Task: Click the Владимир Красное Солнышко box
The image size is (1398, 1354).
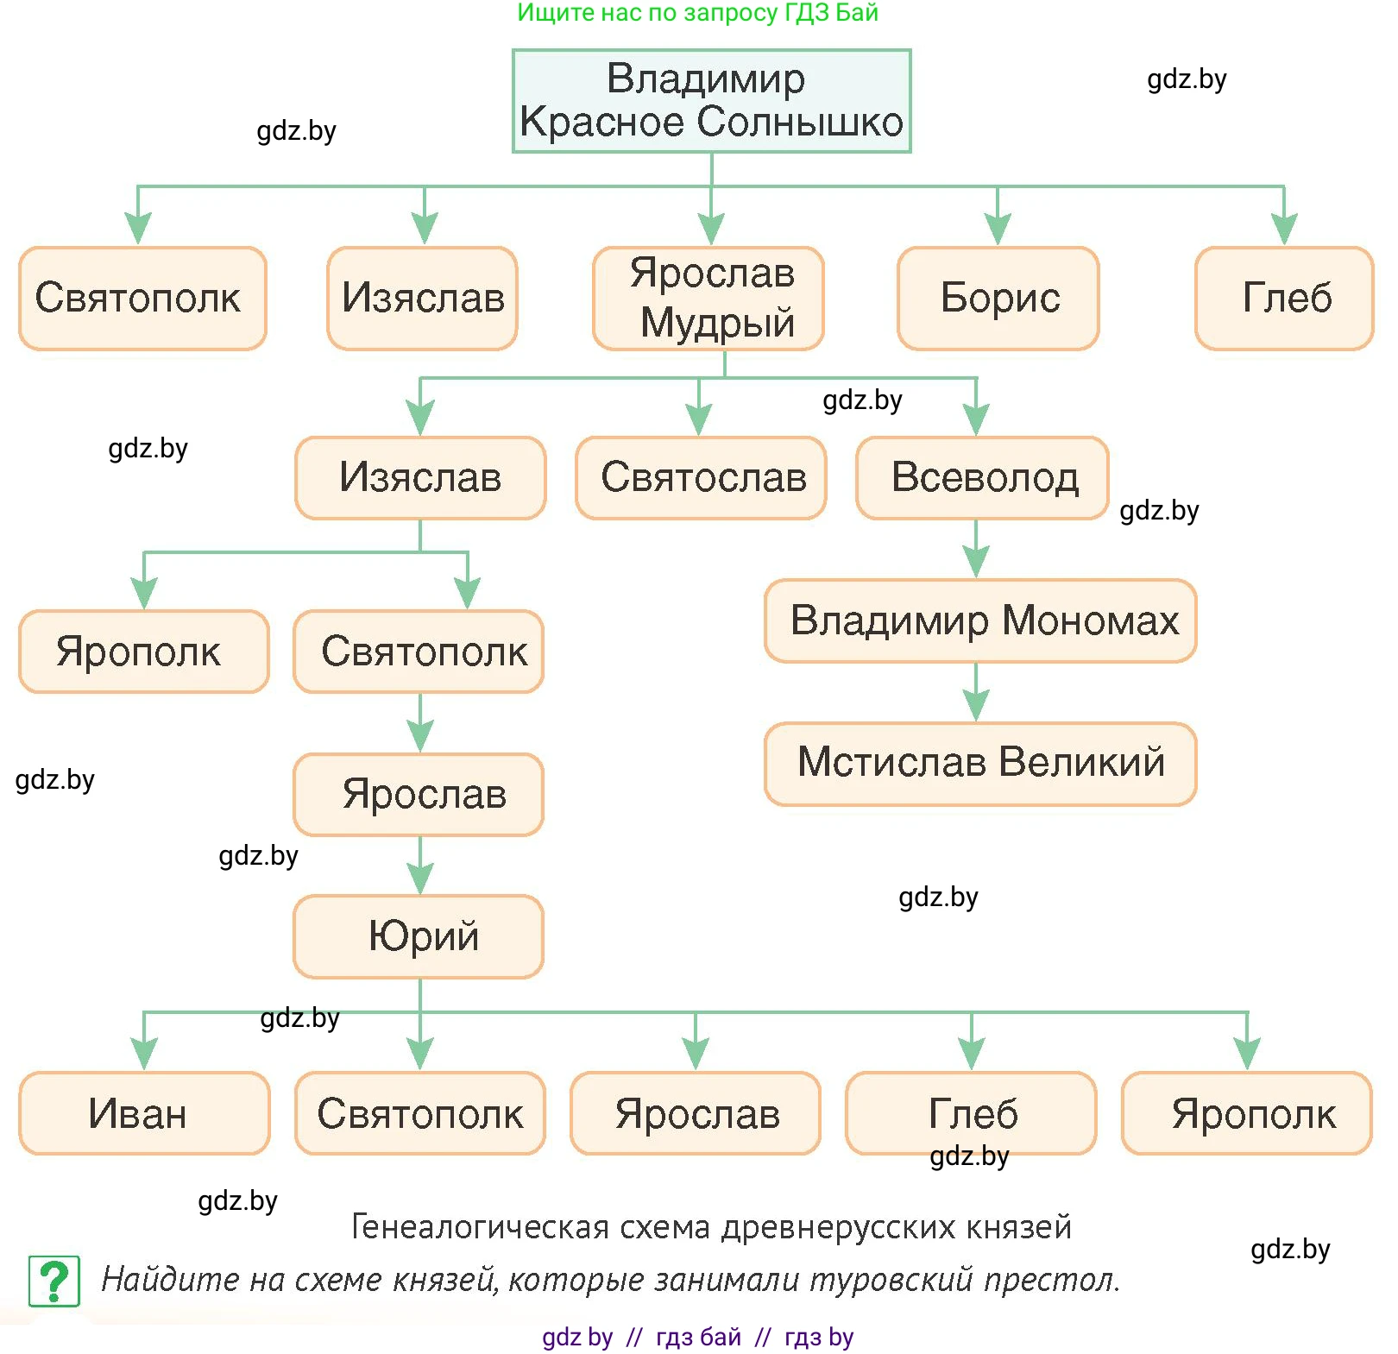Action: tap(711, 101)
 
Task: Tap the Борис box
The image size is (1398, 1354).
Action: tap(998, 299)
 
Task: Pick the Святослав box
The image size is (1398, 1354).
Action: tap(702, 478)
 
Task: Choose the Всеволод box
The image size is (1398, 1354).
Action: tap(983, 478)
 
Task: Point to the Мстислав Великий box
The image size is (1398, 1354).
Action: tap(981, 764)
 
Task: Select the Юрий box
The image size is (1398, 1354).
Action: tap(419, 936)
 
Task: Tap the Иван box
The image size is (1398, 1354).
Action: tap(144, 1113)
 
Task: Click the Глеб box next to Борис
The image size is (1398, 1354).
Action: tap(1285, 299)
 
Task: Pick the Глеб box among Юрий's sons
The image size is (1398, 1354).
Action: tap(972, 1113)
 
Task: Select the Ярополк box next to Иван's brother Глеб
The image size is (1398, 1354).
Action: tap(1247, 1113)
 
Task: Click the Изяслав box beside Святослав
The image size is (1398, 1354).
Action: tap(420, 478)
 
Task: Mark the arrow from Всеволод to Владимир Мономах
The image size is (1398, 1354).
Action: tap(976, 550)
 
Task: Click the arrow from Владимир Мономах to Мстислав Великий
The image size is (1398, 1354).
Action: tap(976, 693)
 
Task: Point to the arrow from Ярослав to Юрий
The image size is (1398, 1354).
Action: tap(420, 866)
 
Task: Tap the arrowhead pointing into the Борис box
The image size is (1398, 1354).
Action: tap(998, 230)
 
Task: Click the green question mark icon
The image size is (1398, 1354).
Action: tap(54, 1281)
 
